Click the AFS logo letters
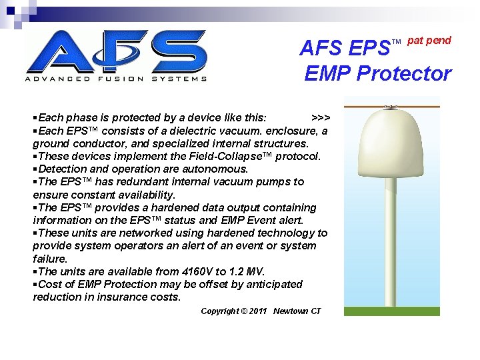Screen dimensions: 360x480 tap(116, 51)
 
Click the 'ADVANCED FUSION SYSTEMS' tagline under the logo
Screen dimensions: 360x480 tap(116, 79)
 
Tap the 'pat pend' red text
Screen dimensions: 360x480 tap(429, 41)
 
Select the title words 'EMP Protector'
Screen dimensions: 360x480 tap(377, 73)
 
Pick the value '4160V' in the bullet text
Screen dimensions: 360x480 tap(201, 271)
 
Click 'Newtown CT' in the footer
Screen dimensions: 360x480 tap(297, 311)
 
